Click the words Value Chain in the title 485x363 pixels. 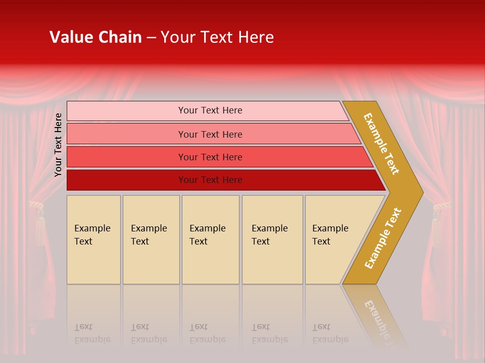(x=95, y=37)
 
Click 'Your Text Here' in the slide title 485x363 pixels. (x=217, y=37)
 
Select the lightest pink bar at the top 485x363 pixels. (x=210, y=110)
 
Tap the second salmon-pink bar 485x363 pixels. (x=210, y=134)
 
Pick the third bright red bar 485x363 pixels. (x=210, y=157)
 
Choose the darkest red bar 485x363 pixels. (x=210, y=180)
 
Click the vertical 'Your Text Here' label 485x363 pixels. (x=58, y=145)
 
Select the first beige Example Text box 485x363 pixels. (x=93, y=239)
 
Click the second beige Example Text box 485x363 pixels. (x=151, y=239)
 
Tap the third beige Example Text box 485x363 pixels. (x=210, y=239)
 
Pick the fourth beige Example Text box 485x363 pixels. (x=272, y=239)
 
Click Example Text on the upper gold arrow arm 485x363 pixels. (x=381, y=144)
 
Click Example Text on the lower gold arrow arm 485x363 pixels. (x=383, y=238)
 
